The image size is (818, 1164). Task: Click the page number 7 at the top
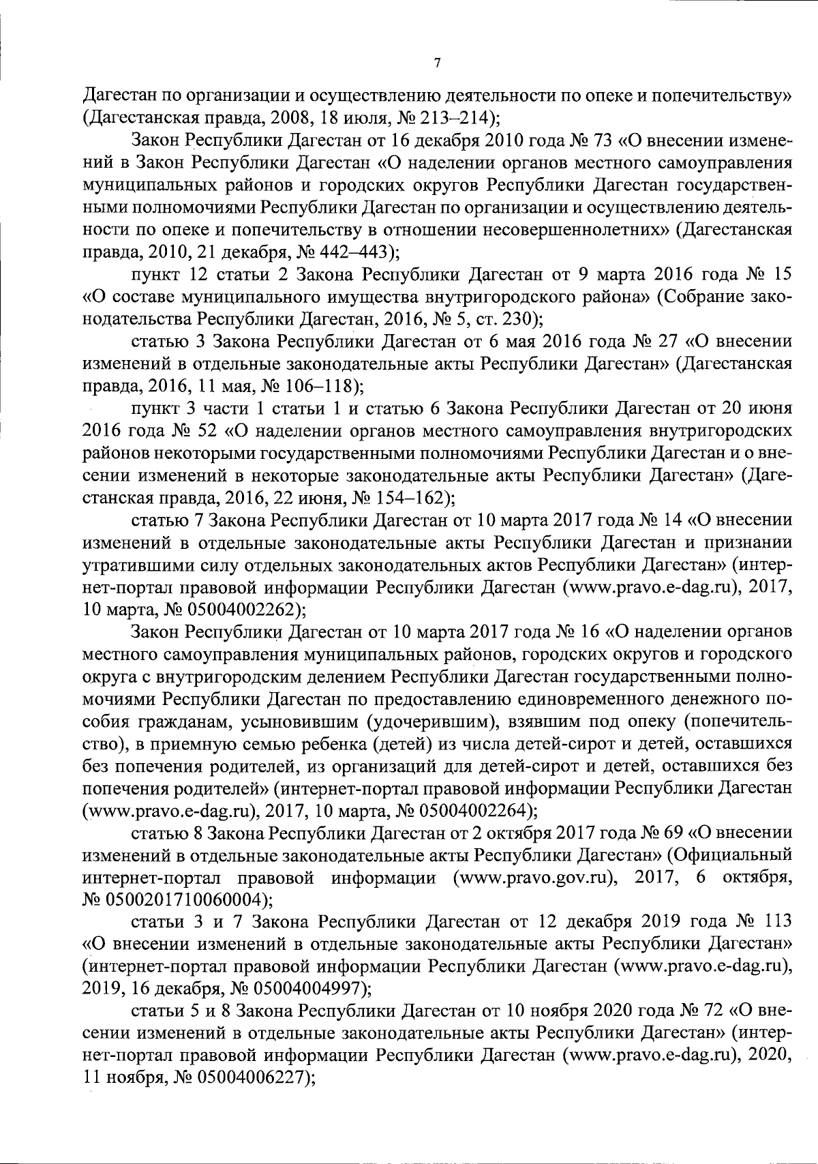coord(437,63)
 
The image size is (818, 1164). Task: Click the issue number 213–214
coord(459,117)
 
